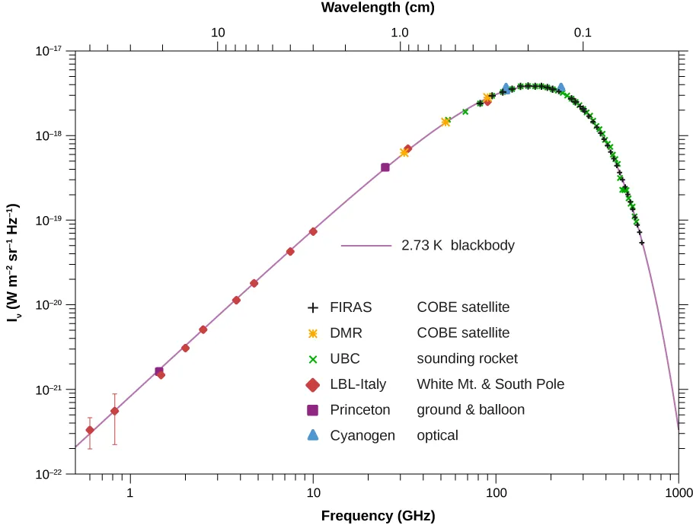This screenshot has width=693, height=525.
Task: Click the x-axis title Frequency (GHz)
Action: coord(378,516)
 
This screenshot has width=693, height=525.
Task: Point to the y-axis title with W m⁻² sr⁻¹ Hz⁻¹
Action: coord(13,262)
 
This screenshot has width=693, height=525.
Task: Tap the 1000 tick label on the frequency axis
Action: coord(678,492)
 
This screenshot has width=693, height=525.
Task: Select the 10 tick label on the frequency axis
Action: coord(313,492)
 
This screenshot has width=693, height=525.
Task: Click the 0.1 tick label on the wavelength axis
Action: coord(583,33)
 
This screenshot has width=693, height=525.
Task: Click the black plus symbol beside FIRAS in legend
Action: coord(312,308)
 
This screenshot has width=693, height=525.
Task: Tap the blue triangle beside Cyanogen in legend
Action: coord(312,435)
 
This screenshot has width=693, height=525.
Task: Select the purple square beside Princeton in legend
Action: coord(312,410)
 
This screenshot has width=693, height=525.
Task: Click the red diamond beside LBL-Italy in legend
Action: coord(312,384)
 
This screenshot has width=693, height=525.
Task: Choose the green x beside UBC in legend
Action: coord(312,359)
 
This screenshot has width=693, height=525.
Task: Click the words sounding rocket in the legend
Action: coord(467,358)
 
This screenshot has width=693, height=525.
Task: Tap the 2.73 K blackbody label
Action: coord(458,246)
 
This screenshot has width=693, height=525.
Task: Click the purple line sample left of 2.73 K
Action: coord(366,246)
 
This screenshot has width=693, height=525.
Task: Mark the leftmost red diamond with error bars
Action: coord(90,431)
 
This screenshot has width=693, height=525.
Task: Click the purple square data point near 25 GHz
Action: coord(385,167)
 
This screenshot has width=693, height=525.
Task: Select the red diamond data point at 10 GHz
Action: coord(313,231)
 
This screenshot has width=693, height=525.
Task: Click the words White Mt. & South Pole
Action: coord(490,384)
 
